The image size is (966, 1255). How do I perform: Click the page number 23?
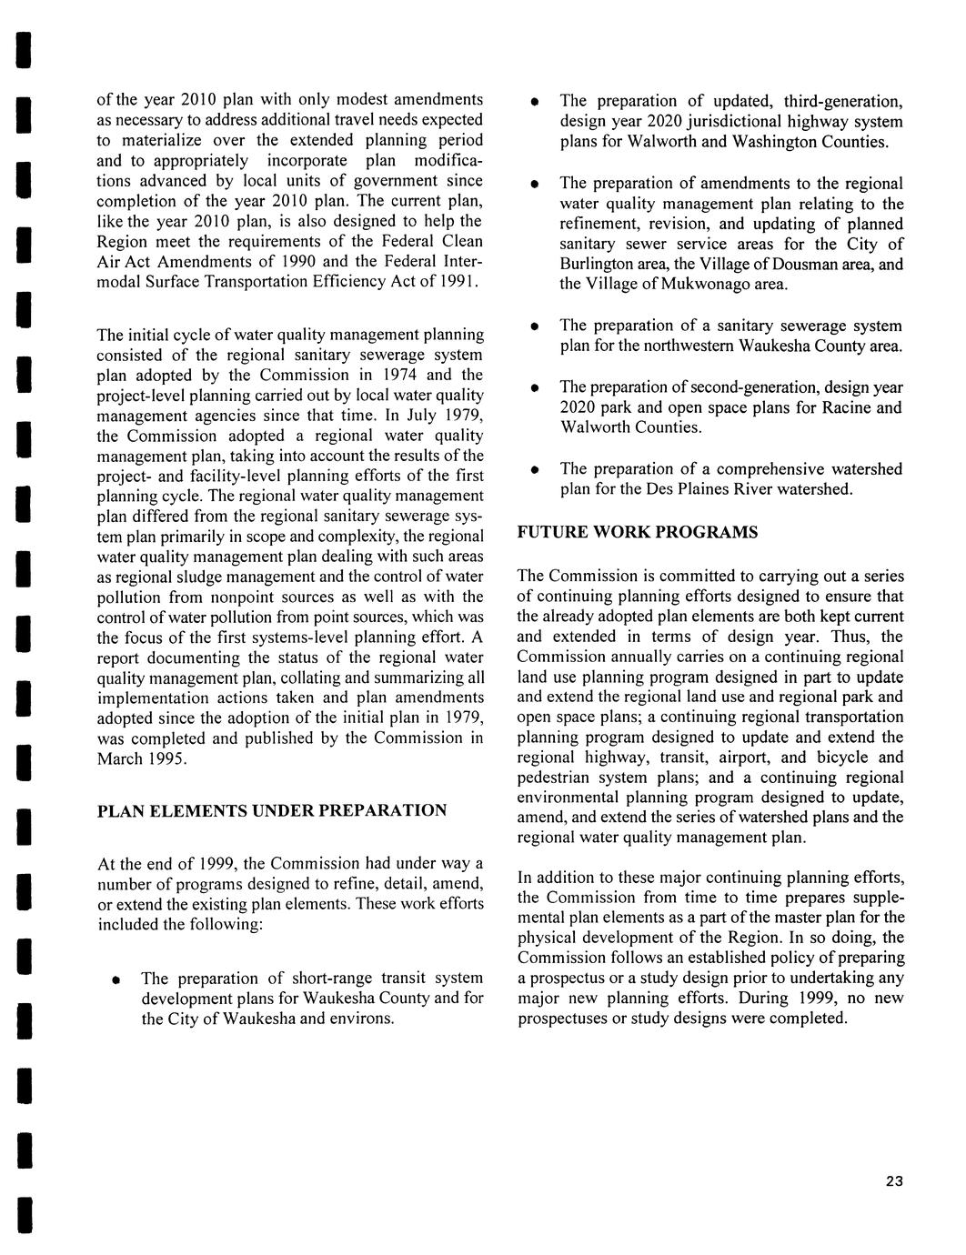893,1181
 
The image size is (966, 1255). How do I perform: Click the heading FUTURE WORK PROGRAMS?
637,532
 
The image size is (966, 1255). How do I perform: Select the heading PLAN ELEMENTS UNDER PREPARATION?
272,810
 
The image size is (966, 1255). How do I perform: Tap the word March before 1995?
120,758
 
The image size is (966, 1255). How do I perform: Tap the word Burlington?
558,265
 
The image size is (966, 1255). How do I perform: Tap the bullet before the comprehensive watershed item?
536,470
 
